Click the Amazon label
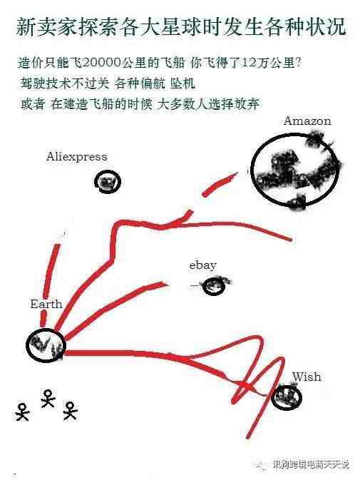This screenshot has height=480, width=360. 307,121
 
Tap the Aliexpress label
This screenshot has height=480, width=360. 77,157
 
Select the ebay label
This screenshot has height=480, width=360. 202,265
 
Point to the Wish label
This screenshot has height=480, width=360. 307,377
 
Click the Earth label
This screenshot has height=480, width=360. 46,304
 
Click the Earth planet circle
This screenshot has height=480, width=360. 28,344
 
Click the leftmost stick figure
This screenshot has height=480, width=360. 22,412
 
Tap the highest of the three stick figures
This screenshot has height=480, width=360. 48,398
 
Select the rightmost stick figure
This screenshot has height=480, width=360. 70,411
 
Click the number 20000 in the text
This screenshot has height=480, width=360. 100,63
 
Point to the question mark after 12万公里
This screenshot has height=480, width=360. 298,63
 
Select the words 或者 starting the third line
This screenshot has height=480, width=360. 33,104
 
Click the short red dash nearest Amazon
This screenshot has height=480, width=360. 220,184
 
